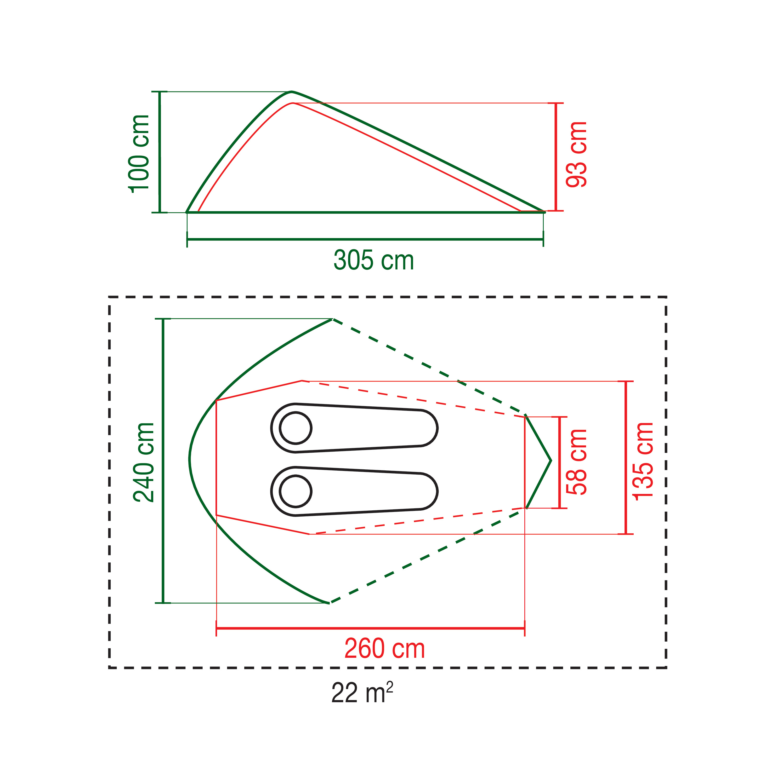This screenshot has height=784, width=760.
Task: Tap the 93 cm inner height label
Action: click(576, 154)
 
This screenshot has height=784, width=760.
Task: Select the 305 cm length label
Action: click(373, 260)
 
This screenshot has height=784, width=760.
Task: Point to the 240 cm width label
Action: click(143, 462)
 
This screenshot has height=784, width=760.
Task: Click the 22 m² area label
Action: click(362, 693)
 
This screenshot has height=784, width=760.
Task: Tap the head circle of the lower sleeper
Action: click(295, 492)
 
